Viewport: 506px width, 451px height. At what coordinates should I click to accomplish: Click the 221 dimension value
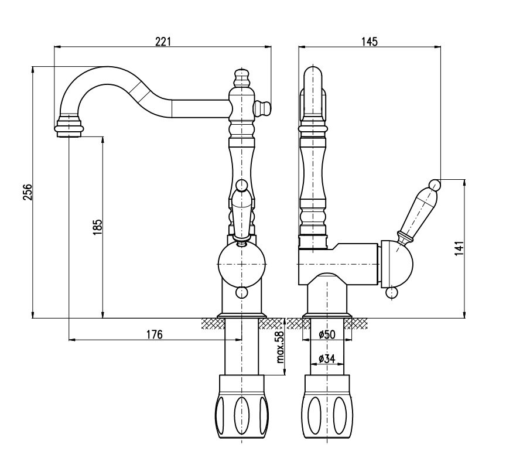pyautogui.click(x=163, y=42)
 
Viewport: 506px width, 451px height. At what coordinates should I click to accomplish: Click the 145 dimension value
pyautogui.click(x=369, y=42)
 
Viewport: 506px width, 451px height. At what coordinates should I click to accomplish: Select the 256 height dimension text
pyautogui.click(x=28, y=192)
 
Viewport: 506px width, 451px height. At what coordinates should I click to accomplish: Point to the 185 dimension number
pyautogui.click(x=97, y=227)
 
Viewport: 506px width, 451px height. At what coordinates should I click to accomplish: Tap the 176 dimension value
pyautogui.click(x=155, y=334)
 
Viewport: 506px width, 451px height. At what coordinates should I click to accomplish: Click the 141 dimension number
pyautogui.click(x=459, y=248)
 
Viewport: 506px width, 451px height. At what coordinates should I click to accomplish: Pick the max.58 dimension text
pyautogui.click(x=280, y=347)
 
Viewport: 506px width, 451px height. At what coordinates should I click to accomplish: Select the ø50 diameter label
pyautogui.click(x=327, y=334)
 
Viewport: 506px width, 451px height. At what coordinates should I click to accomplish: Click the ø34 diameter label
pyautogui.click(x=327, y=358)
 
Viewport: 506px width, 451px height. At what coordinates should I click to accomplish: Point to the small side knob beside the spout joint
pyautogui.click(x=262, y=108)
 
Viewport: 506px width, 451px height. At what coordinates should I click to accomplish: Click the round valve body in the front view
pyautogui.click(x=242, y=264)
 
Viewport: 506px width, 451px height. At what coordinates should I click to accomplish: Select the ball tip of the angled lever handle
pyautogui.click(x=435, y=184)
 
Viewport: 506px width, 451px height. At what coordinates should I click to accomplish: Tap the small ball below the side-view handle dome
pyautogui.click(x=391, y=293)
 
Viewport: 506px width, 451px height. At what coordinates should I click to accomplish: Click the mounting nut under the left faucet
pyautogui.click(x=241, y=406)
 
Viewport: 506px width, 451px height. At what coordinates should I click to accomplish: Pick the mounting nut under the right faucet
pyautogui.click(x=327, y=406)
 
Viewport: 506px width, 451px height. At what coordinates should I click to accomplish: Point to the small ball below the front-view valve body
pyautogui.click(x=242, y=292)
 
